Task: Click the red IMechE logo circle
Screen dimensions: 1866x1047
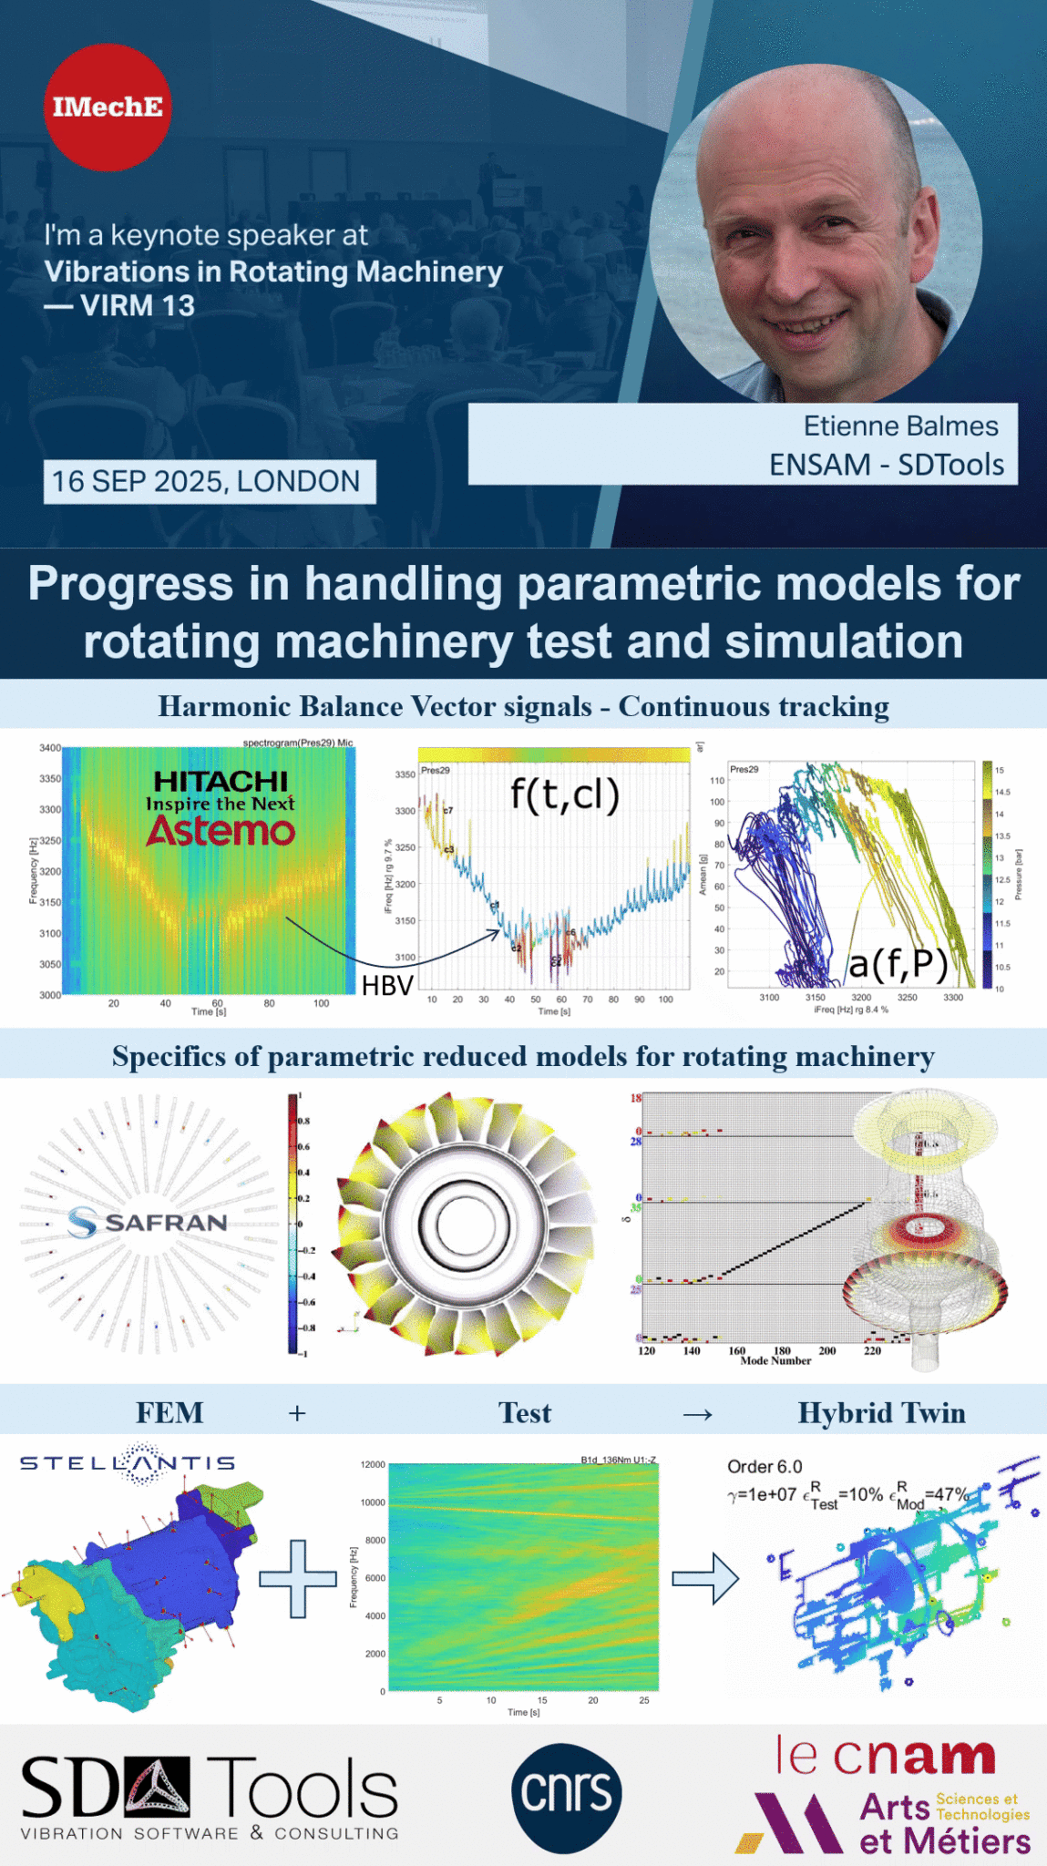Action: click(108, 108)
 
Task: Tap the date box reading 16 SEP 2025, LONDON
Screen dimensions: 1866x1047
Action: click(209, 481)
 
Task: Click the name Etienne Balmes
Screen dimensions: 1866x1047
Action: click(899, 425)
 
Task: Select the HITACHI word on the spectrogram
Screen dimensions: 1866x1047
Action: click(221, 781)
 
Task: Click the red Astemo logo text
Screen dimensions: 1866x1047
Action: click(221, 831)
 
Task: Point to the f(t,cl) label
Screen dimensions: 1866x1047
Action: click(564, 795)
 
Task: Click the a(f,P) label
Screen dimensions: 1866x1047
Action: click(898, 963)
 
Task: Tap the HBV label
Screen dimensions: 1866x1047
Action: click(387, 985)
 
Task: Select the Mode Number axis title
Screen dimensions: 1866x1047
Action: click(775, 1360)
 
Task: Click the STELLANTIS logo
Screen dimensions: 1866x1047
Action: click(128, 1462)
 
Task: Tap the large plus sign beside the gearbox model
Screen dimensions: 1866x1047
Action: click(298, 1578)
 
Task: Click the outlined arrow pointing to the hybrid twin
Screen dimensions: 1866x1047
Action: click(705, 1578)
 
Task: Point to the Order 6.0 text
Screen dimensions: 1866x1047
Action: click(764, 1466)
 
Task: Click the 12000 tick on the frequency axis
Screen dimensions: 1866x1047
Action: click(373, 1465)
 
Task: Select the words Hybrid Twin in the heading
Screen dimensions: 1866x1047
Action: click(881, 1412)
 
